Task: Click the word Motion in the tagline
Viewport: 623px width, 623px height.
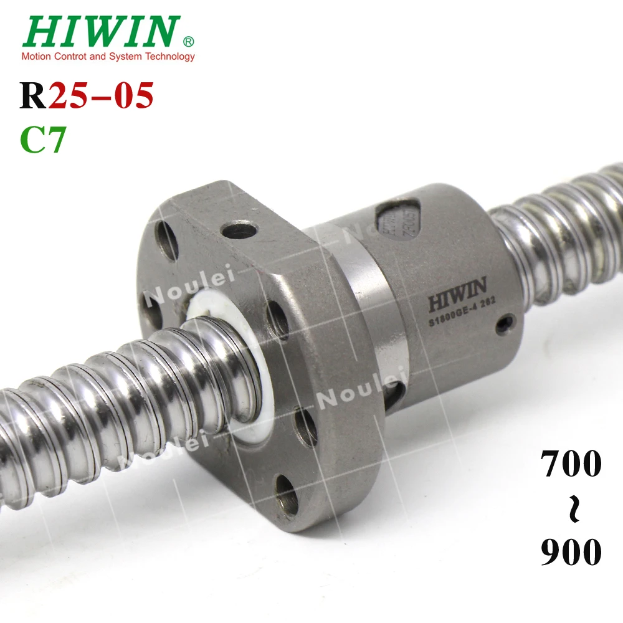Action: (x=36, y=57)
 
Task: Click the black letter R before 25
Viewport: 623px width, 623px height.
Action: (x=34, y=96)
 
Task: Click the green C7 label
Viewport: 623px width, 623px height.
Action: (x=43, y=140)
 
